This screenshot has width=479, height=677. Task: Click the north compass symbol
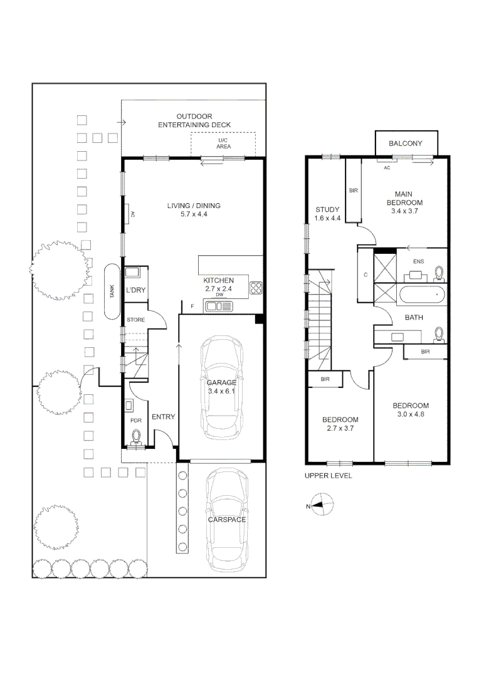(324, 503)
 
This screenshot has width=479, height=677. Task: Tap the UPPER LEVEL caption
(328, 476)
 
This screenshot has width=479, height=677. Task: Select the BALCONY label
(405, 144)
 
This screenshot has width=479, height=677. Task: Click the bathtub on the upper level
(421, 293)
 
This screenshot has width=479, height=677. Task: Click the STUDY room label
(327, 210)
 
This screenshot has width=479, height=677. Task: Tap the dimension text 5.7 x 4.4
(194, 214)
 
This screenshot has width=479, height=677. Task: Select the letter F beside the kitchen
(192, 307)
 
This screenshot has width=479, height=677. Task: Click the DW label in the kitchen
(219, 295)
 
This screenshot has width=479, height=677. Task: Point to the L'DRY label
(135, 290)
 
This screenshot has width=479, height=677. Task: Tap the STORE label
(135, 320)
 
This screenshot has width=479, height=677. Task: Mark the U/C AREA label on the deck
(223, 144)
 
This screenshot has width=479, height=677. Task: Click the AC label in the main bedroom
(387, 168)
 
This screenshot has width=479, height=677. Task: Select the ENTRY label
(163, 417)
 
